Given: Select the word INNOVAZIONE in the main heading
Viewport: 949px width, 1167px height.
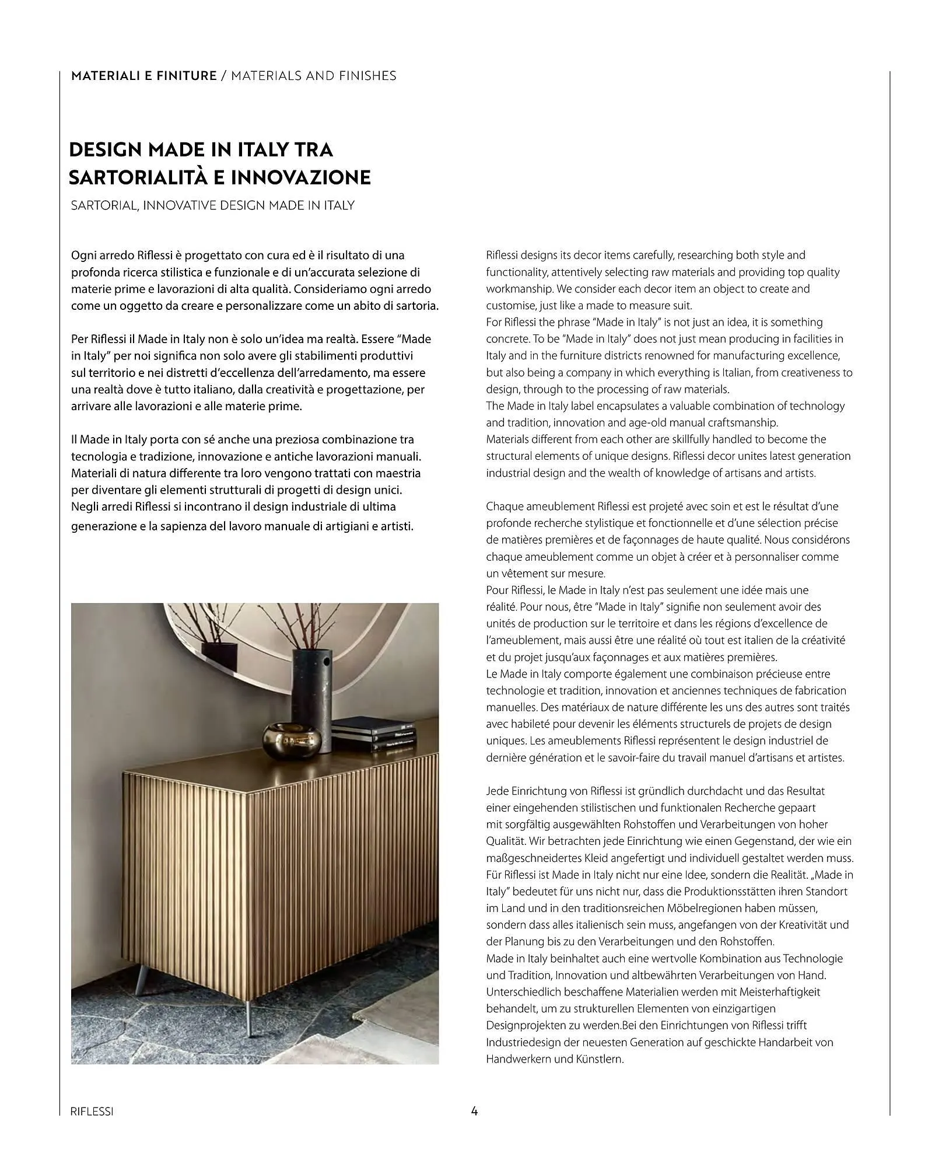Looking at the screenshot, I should point(301,177).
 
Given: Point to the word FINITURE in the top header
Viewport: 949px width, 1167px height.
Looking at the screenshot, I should point(187,76).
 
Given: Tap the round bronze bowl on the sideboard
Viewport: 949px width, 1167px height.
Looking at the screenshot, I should point(285,740).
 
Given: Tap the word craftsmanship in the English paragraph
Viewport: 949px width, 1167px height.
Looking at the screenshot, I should point(743,422).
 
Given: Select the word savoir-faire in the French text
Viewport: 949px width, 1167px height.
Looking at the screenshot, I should point(694,758).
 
